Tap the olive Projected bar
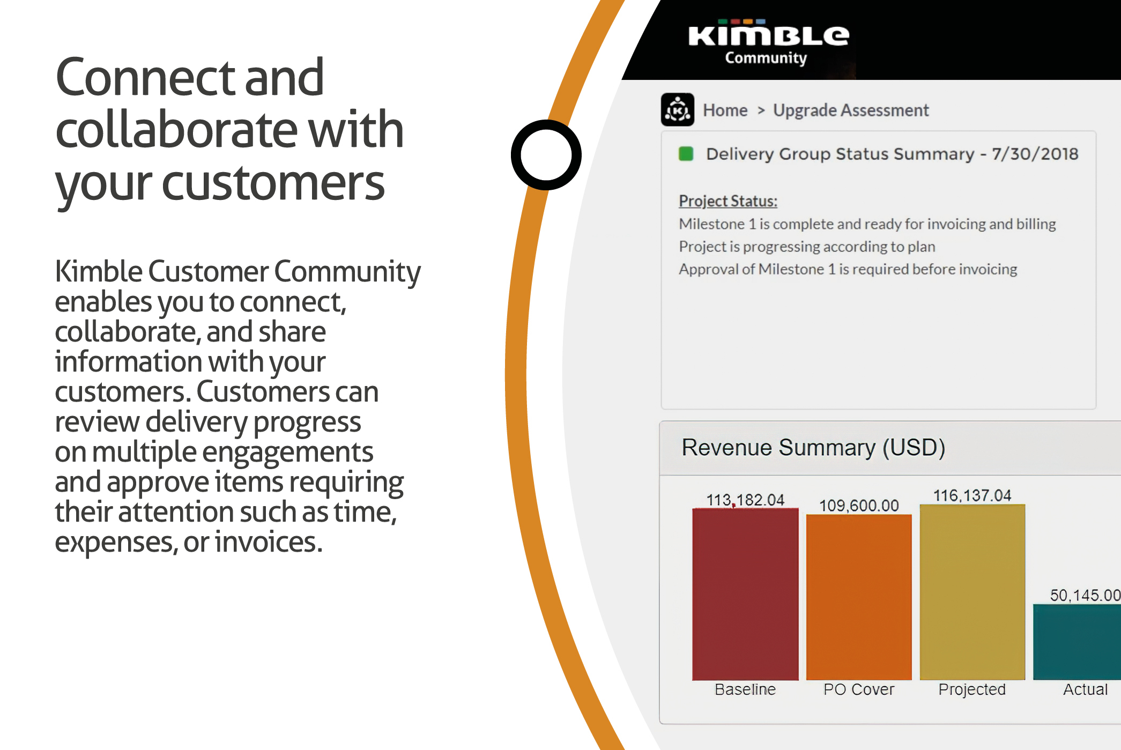pyautogui.click(x=972, y=592)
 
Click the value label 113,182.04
pyautogui.click(x=745, y=500)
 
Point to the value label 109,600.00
pyautogui.click(x=859, y=506)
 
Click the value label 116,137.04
pyautogui.click(x=972, y=495)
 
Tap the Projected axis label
pyautogui.click(x=972, y=689)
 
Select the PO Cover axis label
pyautogui.click(x=859, y=689)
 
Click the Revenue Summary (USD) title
pyautogui.click(x=813, y=448)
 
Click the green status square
pyautogui.click(x=686, y=154)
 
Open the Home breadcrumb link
pyautogui.click(x=725, y=110)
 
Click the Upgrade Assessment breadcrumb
pyautogui.click(x=850, y=110)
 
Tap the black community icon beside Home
pyautogui.click(x=677, y=110)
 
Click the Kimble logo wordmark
pyautogui.click(x=768, y=35)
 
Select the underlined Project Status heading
pyautogui.click(x=727, y=201)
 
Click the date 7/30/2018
pyautogui.click(x=1035, y=154)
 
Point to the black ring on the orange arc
pyautogui.click(x=546, y=155)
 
